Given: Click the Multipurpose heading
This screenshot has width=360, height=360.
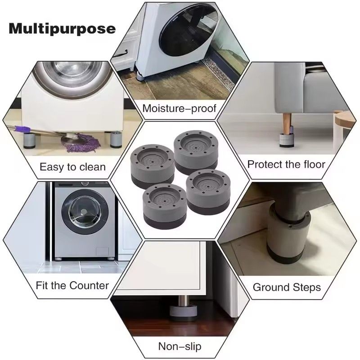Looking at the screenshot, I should pos(62,29).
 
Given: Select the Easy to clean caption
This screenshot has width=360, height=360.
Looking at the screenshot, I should pos(72,167).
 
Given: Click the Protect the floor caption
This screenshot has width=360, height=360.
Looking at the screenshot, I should pos(286,164).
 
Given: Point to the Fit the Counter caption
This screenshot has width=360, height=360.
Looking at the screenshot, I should pos(72,285).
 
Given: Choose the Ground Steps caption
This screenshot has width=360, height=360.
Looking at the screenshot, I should pos(287,287).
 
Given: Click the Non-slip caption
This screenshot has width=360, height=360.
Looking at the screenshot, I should pos(180,346).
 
